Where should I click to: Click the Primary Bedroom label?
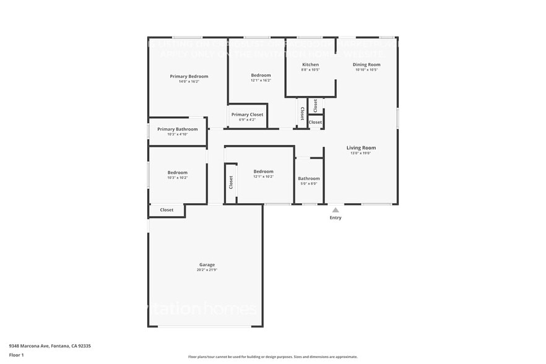coord(189,76)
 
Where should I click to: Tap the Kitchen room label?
coord(310,64)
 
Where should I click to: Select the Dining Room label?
coord(366,64)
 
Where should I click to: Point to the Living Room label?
coord(361,148)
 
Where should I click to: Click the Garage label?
coord(207,264)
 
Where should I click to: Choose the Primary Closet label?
coord(247,115)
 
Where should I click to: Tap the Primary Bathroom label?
coord(177,129)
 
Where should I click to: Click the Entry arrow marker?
coord(336,210)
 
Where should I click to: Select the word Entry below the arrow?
coord(336,218)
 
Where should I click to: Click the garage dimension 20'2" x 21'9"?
coord(207,270)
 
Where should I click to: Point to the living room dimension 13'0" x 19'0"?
coord(361,153)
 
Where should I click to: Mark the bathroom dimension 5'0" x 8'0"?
coord(308,184)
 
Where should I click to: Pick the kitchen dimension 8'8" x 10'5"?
coord(310,70)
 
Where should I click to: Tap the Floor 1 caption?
coord(16,355)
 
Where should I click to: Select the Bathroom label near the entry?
coord(308,178)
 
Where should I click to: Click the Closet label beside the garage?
coord(167,210)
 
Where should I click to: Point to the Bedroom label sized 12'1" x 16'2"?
coord(261,75)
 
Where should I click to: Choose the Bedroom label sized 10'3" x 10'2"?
coord(177,172)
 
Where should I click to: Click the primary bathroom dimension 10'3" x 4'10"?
coord(177,134)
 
